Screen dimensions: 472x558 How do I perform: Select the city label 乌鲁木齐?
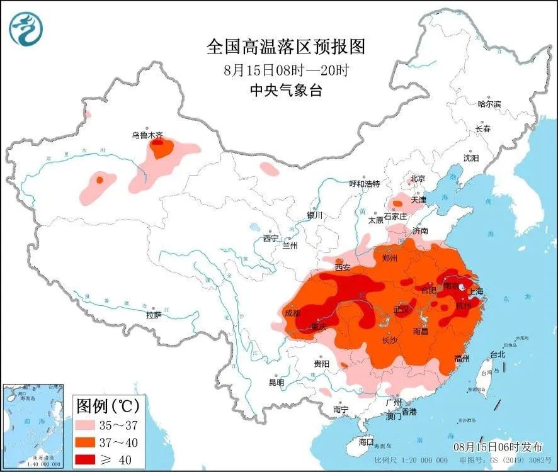(x=147, y=134)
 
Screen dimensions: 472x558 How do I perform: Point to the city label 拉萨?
(x=154, y=314)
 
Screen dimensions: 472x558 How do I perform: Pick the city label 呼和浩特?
(x=365, y=184)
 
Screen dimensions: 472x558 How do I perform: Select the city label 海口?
(x=366, y=441)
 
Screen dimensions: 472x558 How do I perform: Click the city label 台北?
(x=498, y=354)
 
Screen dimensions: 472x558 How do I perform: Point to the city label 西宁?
(x=271, y=238)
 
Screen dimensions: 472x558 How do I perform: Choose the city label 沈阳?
(x=471, y=157)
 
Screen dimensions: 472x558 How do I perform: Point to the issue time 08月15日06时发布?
(x=498, y=446)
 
